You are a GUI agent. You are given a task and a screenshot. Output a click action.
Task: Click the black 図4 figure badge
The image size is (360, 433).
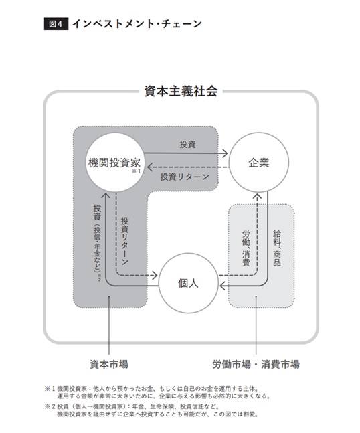coord(56,24)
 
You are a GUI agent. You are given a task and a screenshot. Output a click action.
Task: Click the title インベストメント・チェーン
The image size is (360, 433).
coord(137,23)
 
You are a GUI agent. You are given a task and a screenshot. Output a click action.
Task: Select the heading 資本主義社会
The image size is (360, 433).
coord(181,91)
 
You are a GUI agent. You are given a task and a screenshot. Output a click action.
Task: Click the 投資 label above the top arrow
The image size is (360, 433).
coord(187,144)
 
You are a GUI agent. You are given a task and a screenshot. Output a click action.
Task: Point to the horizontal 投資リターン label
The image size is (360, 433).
coord(185,177)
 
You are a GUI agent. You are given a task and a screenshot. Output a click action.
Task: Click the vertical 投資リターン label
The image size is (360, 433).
coord(125,241)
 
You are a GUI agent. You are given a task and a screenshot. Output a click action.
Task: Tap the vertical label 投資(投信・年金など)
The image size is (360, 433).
coord(97,242)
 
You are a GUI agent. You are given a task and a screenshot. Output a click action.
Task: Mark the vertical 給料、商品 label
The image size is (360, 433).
coord(277,248)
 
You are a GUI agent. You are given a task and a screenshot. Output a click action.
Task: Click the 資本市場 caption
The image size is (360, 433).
coord(109,364)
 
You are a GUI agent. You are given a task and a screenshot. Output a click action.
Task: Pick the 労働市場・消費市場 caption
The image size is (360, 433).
coord(256,364)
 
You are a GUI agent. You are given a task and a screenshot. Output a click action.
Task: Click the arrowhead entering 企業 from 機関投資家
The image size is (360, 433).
coord(226,153)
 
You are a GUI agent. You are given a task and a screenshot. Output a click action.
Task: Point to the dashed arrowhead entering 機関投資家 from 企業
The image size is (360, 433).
coord(150,167)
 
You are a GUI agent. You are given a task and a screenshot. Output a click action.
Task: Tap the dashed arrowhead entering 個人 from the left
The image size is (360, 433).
coord(155,275)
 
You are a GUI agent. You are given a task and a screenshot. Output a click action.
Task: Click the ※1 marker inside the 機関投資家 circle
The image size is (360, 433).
coord(136,171)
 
